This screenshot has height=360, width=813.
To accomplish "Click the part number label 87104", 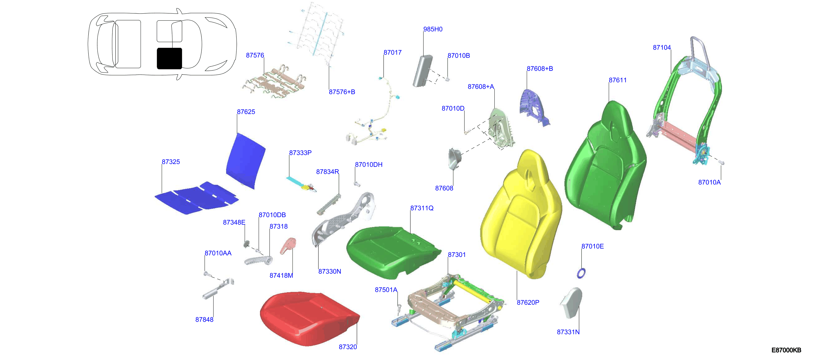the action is pyautogui.click(x=662, y=48).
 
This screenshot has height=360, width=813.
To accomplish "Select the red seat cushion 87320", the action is pyautogui.click(x=309, y=319).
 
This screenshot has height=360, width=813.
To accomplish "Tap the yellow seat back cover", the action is pyautogui.click(x=521, y=214).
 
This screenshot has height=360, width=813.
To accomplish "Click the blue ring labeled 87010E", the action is pyautogui.click(x=581, y=273).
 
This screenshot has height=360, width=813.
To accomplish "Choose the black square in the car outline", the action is pyautogui.click(x=170, y=58).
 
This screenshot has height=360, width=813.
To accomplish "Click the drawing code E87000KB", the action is pyautogui.click(x=786, y=350).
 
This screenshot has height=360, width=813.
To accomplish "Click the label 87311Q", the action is pyautogui.click(x=422, y=208).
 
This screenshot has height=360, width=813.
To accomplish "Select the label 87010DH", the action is pyautogui.click(x=369, y=165).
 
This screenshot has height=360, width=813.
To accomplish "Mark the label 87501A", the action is pyautogui.click(x=386, y=290).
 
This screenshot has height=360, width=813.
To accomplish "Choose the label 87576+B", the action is pyautogui.click(x=342, y=92).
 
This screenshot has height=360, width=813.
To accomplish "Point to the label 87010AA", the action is pyautogui.click(x=218, y=253).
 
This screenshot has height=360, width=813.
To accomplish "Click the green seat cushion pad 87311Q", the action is pyautogui.click(x=391, y=251).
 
